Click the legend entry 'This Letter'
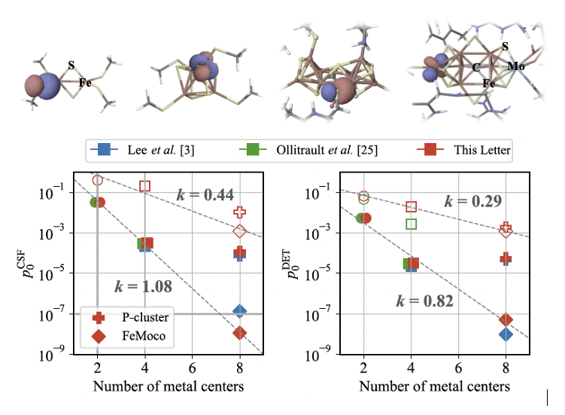point(482,151)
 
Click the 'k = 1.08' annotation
point(143,286)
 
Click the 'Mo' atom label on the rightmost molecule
point(515,66)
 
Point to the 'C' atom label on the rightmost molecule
point(476,68)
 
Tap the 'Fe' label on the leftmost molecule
point(85,83)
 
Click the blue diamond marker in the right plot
point(506,334)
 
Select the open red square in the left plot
point(145,186)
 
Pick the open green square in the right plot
point(411,224)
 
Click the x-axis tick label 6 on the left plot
point(193,368)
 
